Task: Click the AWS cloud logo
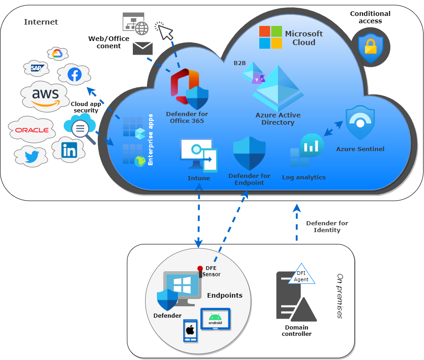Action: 45,96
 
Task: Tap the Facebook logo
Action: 74,74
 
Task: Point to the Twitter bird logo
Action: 31,157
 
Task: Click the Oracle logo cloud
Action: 32,130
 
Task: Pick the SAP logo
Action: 36,68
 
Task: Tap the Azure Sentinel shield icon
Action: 360,124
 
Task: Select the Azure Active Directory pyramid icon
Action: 278,89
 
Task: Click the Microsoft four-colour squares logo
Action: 271,37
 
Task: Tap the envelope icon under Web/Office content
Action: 143,48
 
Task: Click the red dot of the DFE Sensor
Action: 200,268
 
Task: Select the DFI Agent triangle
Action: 301,274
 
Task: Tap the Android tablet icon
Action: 215,320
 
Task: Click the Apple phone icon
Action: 190,330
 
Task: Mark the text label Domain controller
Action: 297,330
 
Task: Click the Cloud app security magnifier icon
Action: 81,128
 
